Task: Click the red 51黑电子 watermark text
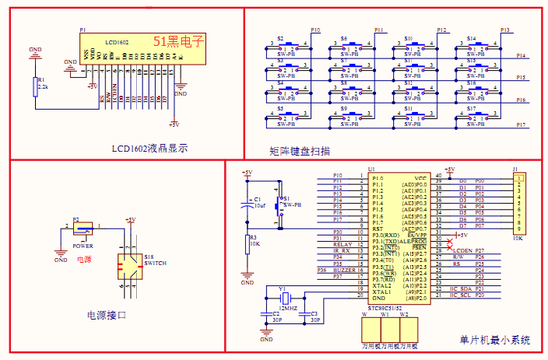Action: point(178,41)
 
